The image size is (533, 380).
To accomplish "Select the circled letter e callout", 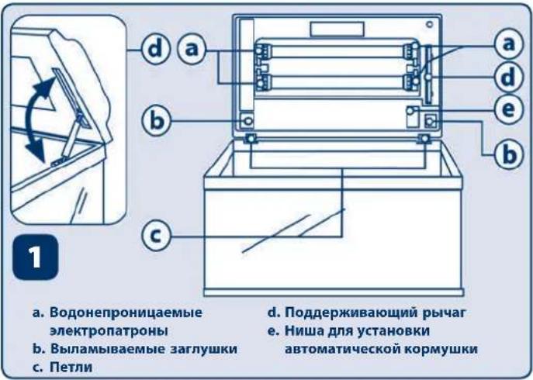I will [507, 110].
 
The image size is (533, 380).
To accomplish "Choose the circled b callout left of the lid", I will [155, 121].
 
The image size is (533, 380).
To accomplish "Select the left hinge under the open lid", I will [252, 138].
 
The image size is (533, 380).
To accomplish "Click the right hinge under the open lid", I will [425, 138].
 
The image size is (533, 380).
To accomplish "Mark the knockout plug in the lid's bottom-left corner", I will [247, 120].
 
